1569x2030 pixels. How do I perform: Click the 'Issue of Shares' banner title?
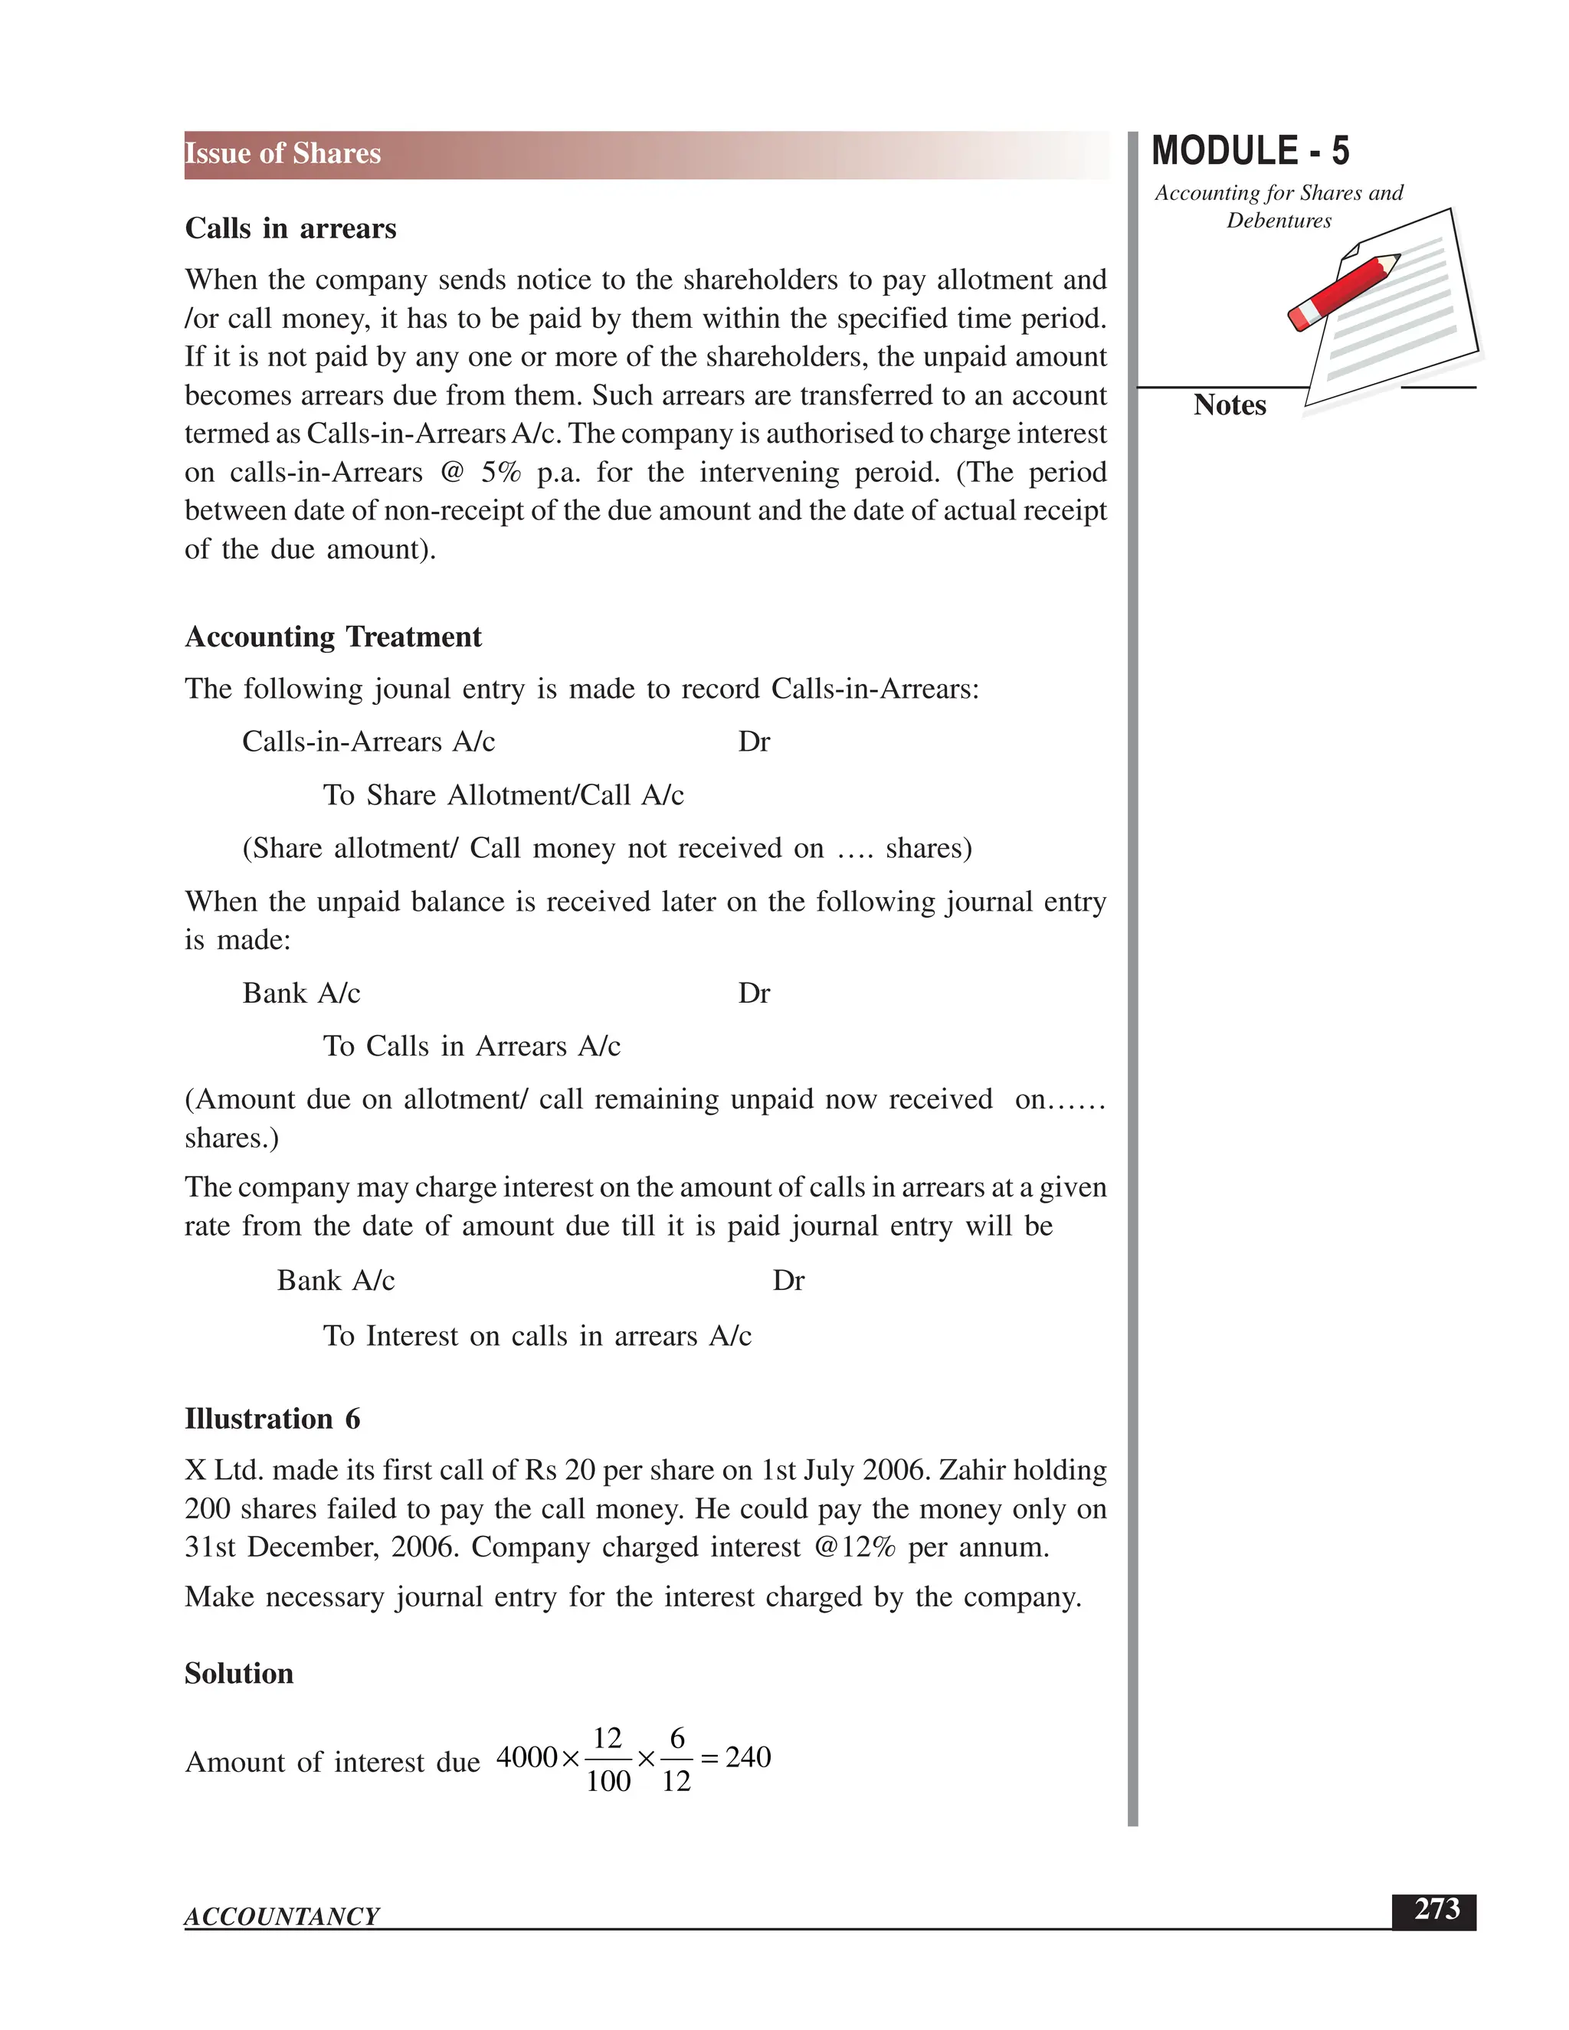coord(283,153)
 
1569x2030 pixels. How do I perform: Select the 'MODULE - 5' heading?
coord(1250,152)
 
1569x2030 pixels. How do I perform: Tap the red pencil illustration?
coord(1343,291)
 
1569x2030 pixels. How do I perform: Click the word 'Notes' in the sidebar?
coord(1229,405)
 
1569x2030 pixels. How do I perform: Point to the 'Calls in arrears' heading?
coord(290,228)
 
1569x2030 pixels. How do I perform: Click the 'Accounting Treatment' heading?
coord(332,637)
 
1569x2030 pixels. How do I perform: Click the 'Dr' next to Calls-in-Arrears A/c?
coord(754,742)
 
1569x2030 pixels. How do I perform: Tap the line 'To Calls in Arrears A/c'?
coord(471,1046)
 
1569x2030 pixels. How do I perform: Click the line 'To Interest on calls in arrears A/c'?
coord(536,1336)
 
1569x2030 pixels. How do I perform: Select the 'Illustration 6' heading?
coord(272,1419)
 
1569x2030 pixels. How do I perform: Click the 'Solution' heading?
coord(239,1673)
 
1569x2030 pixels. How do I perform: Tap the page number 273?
coord(1436,1909)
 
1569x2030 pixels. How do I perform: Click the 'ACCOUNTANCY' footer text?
coord(282,1917)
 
